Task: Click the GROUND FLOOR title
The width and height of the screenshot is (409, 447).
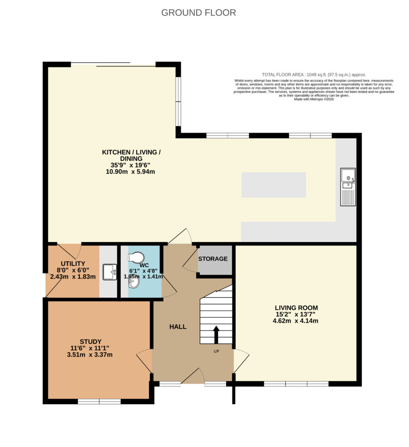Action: [198, 13]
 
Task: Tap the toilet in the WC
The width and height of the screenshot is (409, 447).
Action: [136, 257]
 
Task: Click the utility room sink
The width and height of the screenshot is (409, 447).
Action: [109, 272]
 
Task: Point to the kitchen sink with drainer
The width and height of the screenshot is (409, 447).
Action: [348, 187]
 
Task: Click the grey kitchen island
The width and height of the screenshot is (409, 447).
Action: [274, 185]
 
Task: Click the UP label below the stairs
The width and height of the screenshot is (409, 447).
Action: [216, 351]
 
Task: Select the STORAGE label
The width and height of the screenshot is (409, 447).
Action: [213, 258]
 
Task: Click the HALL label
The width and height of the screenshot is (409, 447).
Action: [178, 327]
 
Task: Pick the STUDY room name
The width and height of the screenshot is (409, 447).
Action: [91, 341]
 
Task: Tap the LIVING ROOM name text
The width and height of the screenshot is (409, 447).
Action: [296, 308]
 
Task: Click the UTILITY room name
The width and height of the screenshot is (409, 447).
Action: [73, 263]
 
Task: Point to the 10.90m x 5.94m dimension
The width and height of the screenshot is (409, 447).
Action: [130, 172]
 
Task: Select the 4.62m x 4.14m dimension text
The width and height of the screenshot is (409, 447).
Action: [295, 321]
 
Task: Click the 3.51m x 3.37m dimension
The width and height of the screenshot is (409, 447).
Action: [90, 354]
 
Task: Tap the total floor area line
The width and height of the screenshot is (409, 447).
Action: [314, 75]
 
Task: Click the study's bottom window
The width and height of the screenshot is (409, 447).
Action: [99, 402]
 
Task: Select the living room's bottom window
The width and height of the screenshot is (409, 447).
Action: [296, 384]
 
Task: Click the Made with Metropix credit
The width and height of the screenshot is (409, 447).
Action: [314, 99]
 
